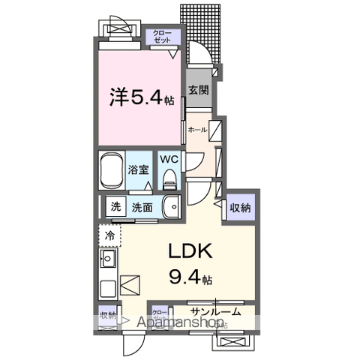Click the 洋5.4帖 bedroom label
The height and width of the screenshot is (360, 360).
[142, 97]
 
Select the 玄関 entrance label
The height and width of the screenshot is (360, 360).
[198, 91]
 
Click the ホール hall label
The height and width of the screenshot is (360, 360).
[196, 129]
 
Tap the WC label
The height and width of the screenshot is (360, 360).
[169, 159]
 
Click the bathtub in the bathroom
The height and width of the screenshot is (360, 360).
[112, 172]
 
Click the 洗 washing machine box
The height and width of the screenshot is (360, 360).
[116, 207]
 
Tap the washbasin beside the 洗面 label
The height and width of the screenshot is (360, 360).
[173, 206]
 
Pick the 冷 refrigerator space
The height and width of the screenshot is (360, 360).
[109, 235]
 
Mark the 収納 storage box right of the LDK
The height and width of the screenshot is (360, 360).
[239, 207]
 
